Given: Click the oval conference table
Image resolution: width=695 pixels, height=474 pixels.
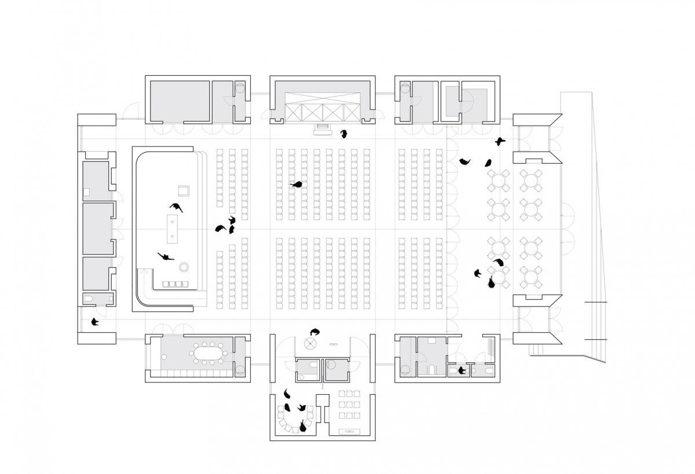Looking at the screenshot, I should tap(209, 354).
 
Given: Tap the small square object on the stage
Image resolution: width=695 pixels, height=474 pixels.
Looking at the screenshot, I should tap(184, 190).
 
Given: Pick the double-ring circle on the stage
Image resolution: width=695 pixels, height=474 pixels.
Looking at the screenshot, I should tap(184, 267).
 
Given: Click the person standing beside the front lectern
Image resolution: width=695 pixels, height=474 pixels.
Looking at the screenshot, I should tap(344, 134).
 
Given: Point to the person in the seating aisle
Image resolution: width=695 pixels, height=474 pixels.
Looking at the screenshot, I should tap(298, 185).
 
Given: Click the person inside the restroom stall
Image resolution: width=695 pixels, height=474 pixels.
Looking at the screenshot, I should tap(462, 370).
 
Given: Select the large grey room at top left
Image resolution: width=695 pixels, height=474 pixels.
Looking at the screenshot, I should tap(180, 101).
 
